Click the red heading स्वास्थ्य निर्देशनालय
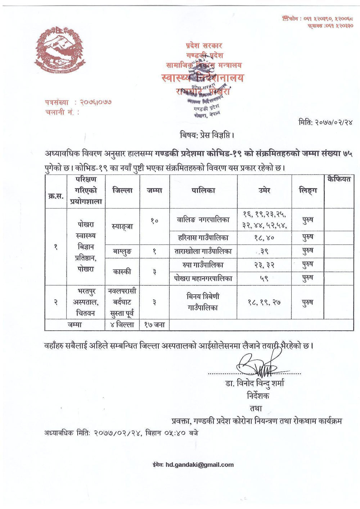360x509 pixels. click(203, 78)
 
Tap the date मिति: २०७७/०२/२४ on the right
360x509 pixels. click(325, 122)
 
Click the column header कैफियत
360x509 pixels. click(339, 179)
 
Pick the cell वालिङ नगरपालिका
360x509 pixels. click(203, 219)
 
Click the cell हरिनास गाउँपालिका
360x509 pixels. click(203, 238)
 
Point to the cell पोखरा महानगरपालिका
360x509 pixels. click(203, 278)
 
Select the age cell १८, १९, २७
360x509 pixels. click(265, 303)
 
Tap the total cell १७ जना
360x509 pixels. click(154, 325)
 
